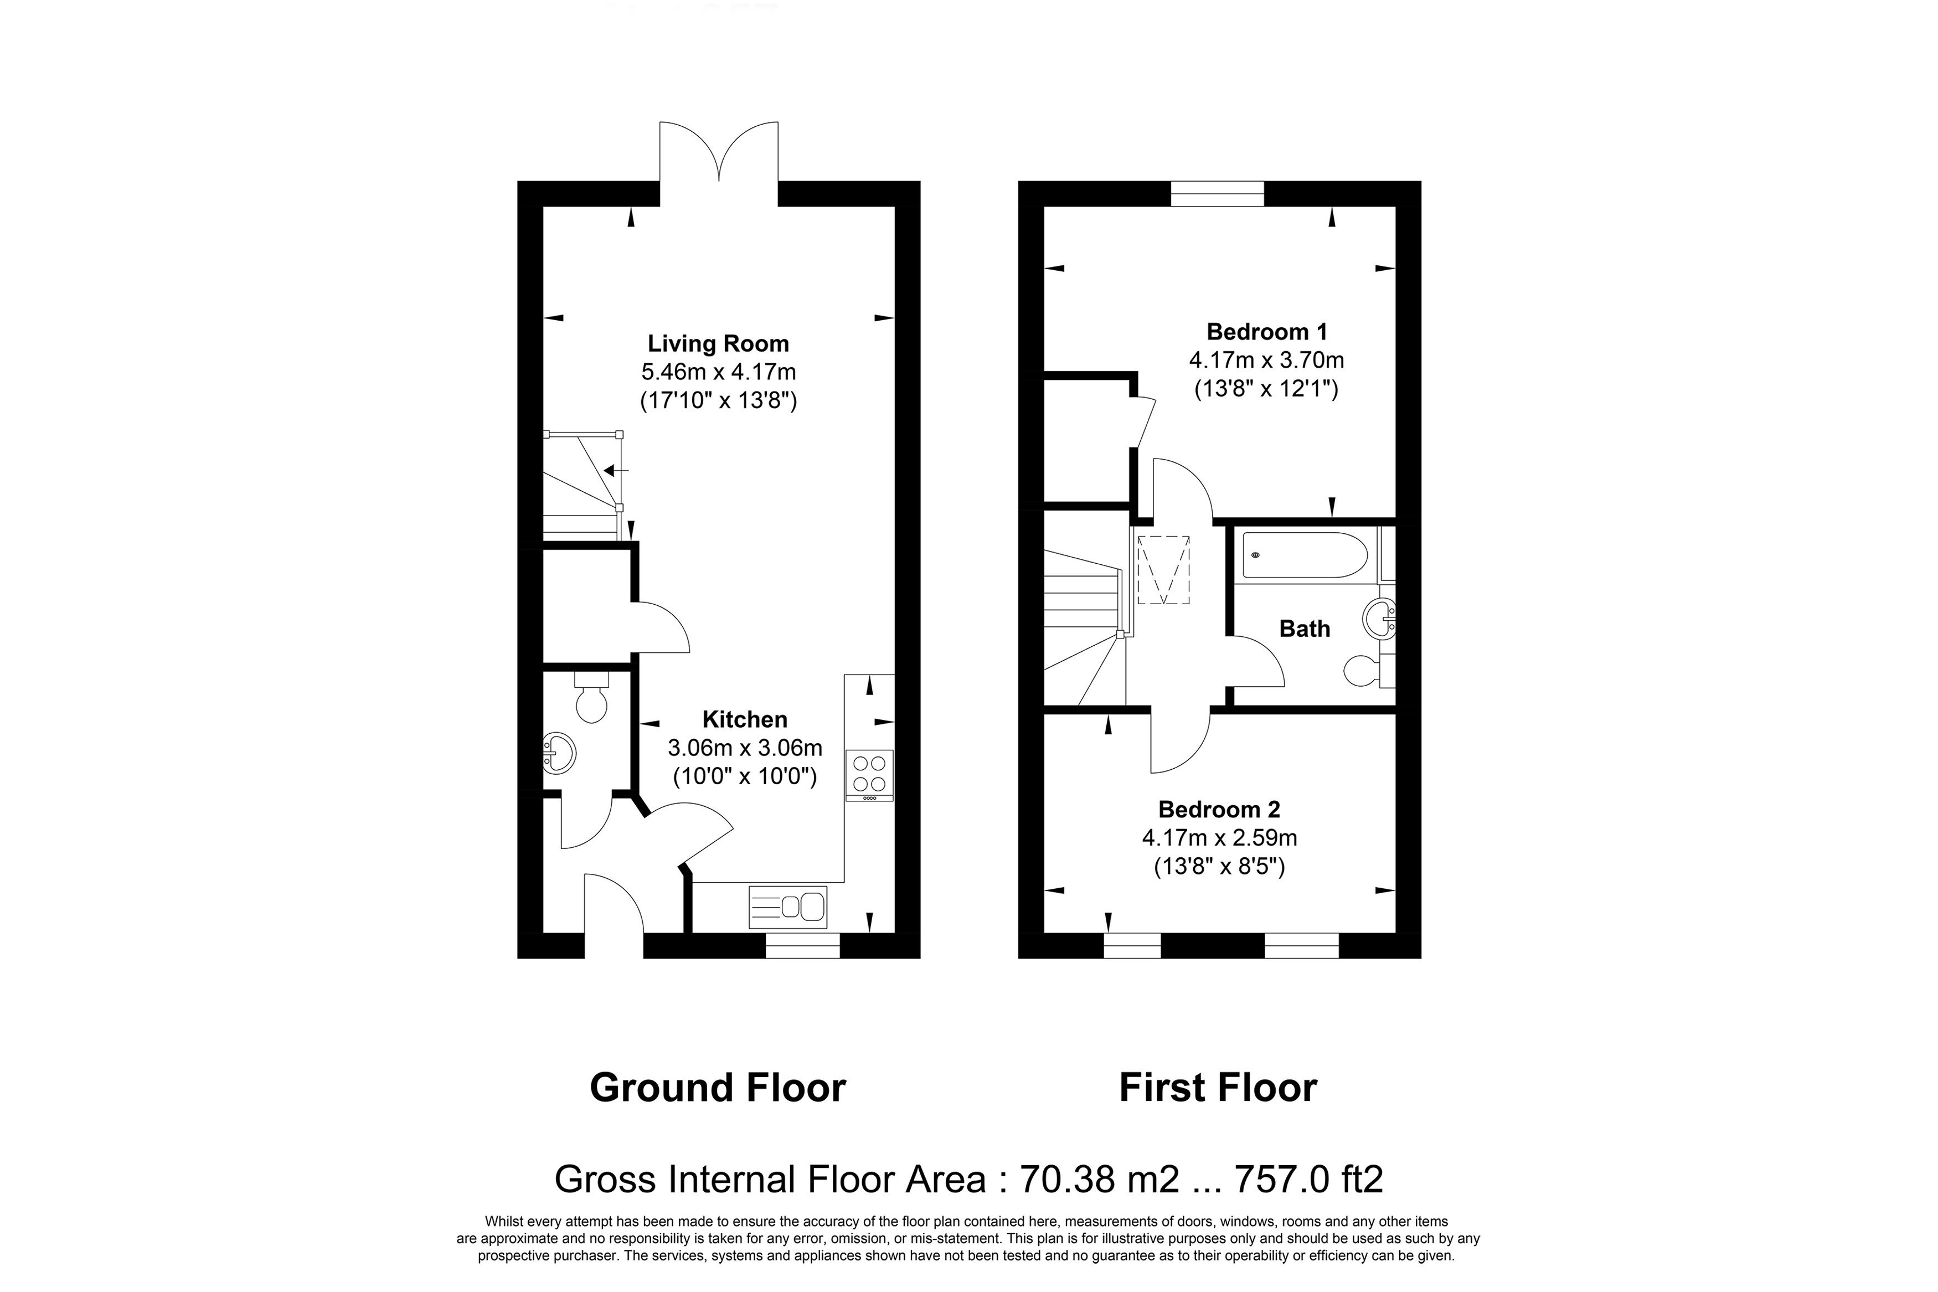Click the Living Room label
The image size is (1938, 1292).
718,343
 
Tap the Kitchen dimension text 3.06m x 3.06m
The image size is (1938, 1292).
745,748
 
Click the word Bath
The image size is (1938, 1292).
1305,629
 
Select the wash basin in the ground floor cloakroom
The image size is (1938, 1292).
558,752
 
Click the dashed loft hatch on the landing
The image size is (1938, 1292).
1163,569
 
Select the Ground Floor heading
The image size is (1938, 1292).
718,1088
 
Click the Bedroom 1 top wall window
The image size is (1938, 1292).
1217,194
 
